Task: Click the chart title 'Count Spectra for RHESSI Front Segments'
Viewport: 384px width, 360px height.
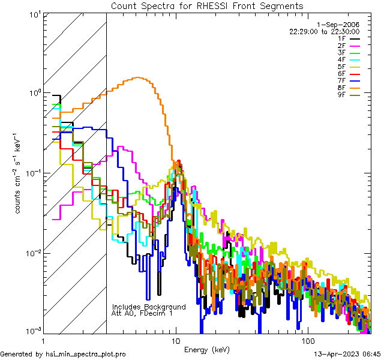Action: tap(207, 5)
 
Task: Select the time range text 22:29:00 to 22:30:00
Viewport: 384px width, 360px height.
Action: tap(324, 31)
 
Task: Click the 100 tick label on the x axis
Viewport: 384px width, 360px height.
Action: tap(307, 340)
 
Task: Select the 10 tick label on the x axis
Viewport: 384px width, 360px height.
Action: tap(175, 340)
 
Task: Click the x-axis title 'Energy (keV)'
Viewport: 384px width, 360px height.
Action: tap(206, 349)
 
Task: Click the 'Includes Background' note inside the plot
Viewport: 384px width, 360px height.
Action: tap(149, 307)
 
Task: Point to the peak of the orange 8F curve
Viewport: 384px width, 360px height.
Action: tap(139, 77)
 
